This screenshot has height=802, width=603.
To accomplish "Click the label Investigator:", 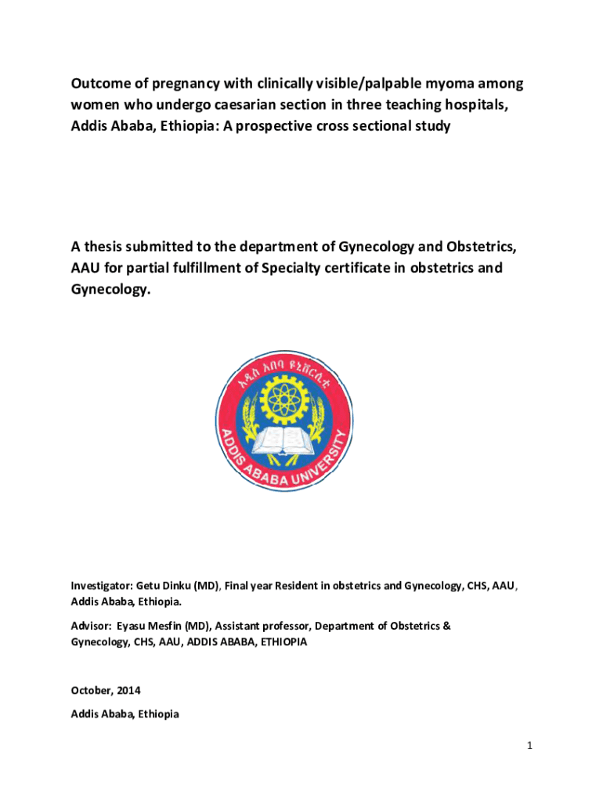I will pyautogui.click(x=102, y=585).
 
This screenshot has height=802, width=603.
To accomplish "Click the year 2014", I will pyautogui.click(x=128, y=690).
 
